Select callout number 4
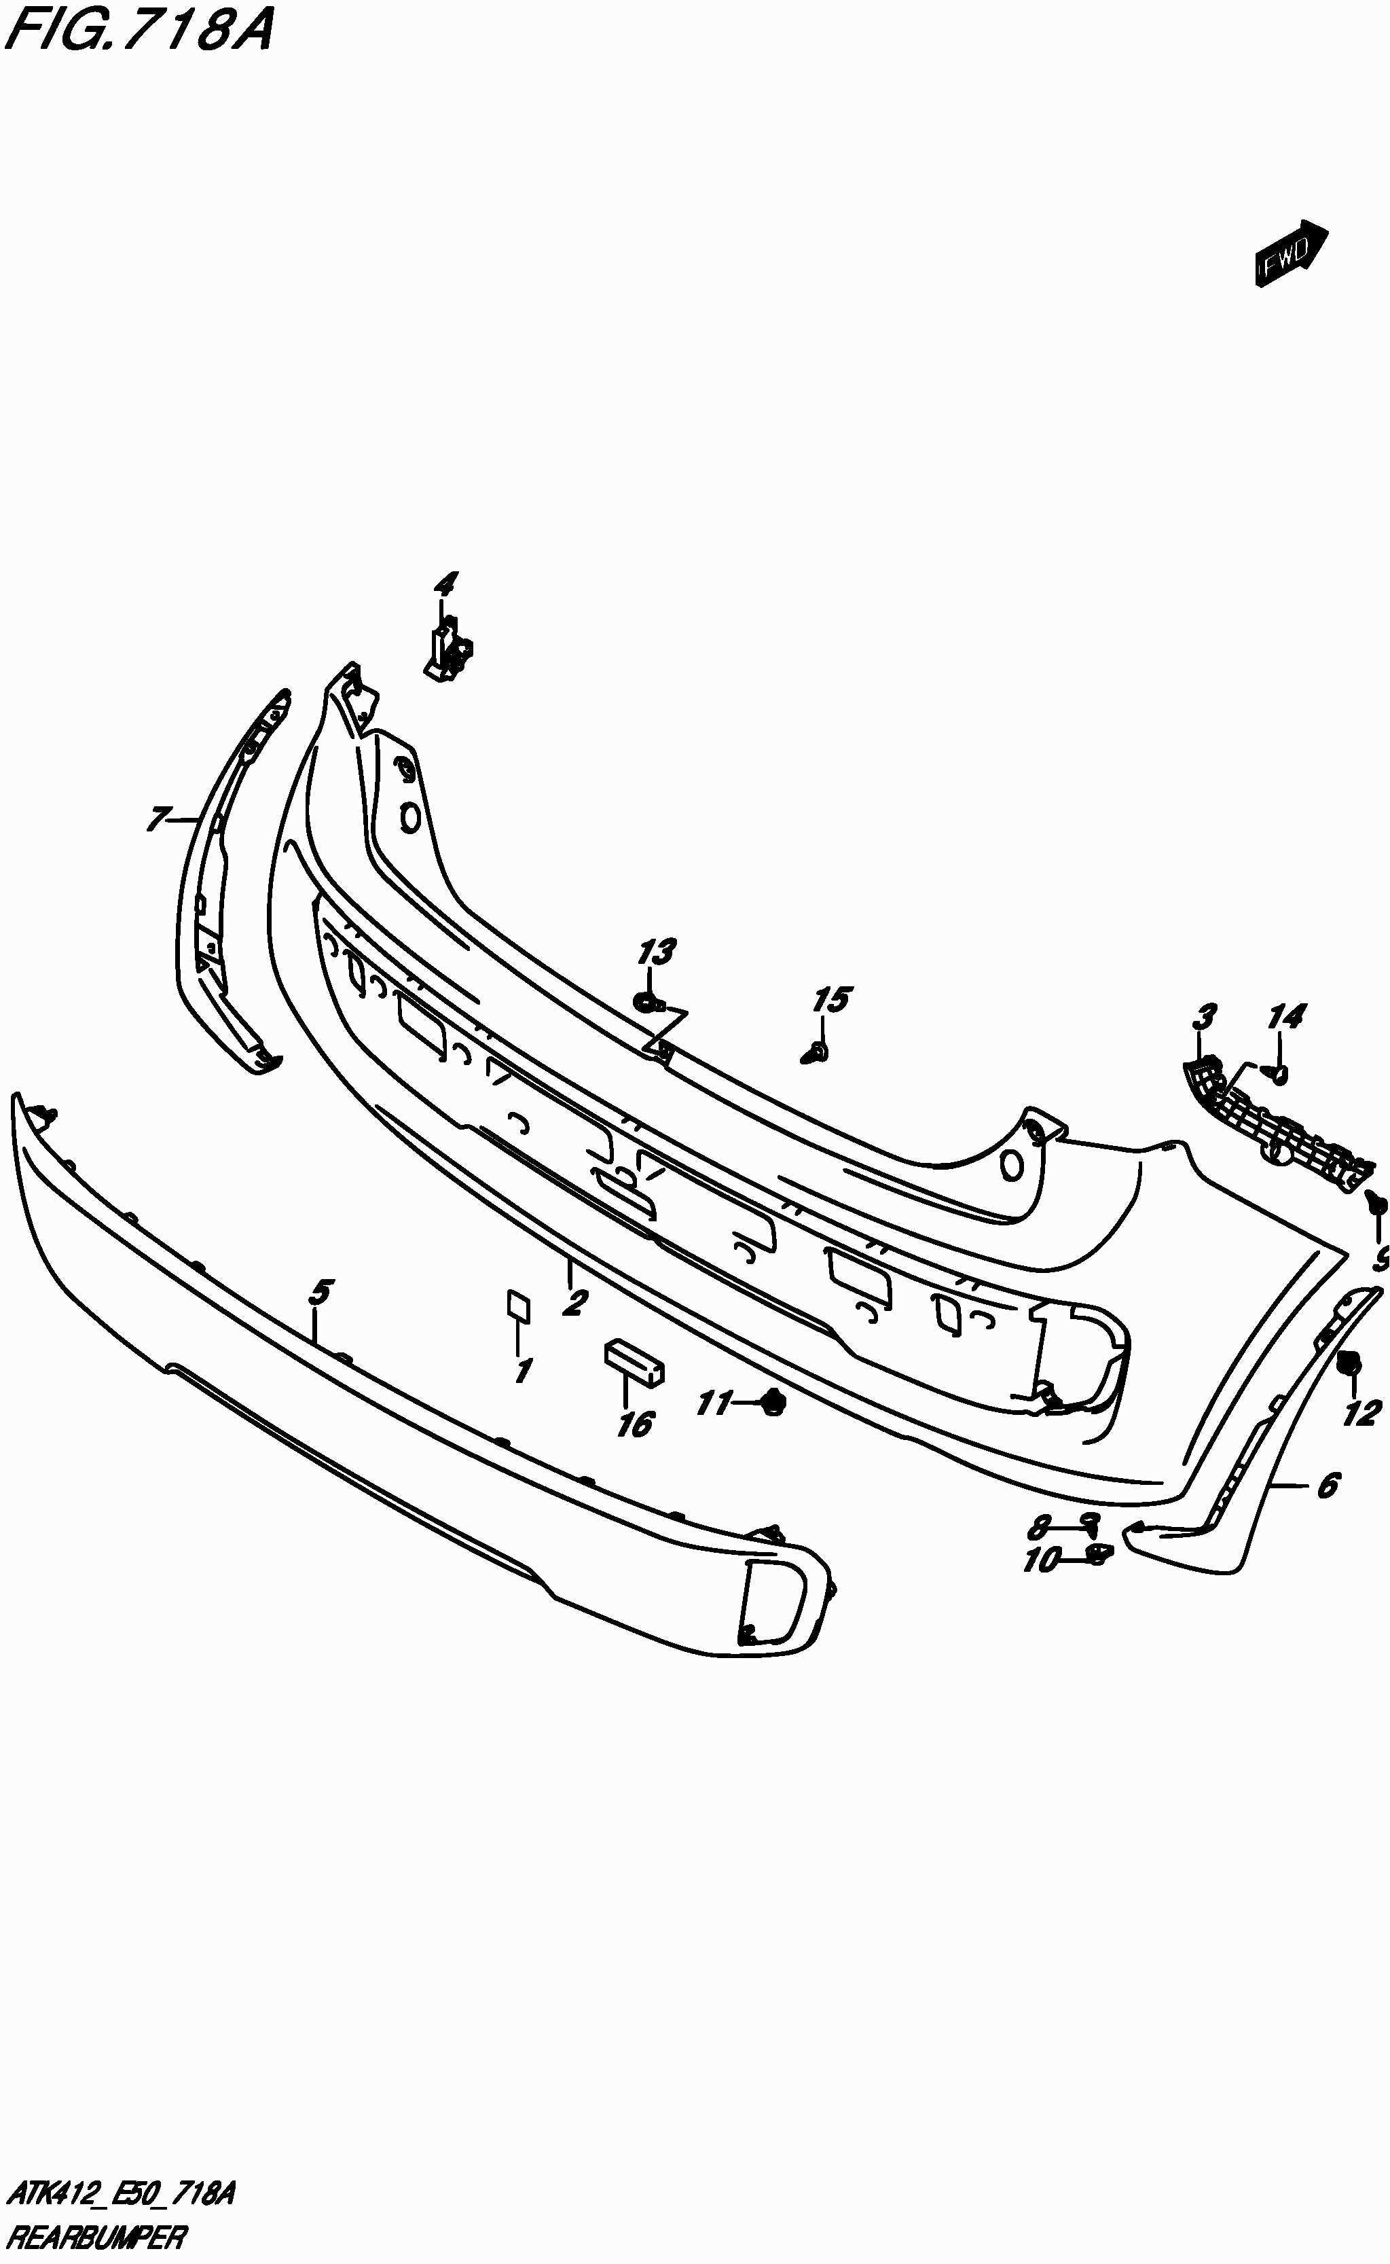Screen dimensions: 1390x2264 point(445,584)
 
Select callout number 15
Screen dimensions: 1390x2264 point(831,1001)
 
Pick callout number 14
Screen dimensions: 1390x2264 point(1285,1017)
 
